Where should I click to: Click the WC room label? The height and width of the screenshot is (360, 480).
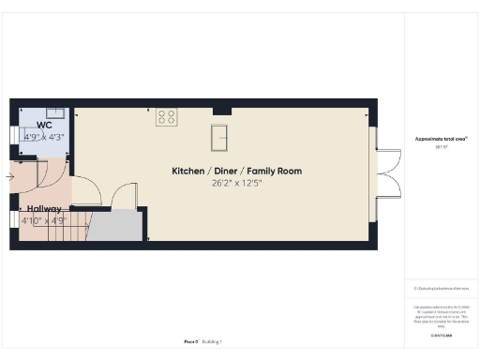[45, 125]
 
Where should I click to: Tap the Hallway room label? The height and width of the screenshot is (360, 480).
[44, 209]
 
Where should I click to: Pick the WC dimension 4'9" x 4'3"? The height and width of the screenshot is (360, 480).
[45, 136]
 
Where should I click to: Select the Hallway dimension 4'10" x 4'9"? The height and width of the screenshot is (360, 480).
[44, 221]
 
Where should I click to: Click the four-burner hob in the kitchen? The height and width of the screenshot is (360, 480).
[167, 117]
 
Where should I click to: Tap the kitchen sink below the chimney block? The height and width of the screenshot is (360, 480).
[222, 137]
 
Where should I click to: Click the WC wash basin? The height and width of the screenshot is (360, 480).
[55, 112]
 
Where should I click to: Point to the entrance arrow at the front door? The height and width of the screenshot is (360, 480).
[9, 175]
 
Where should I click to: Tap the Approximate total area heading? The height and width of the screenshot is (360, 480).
[441, 139]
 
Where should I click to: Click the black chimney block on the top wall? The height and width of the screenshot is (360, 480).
[221, 112]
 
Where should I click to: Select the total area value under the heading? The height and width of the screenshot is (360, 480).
[441, 147]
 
